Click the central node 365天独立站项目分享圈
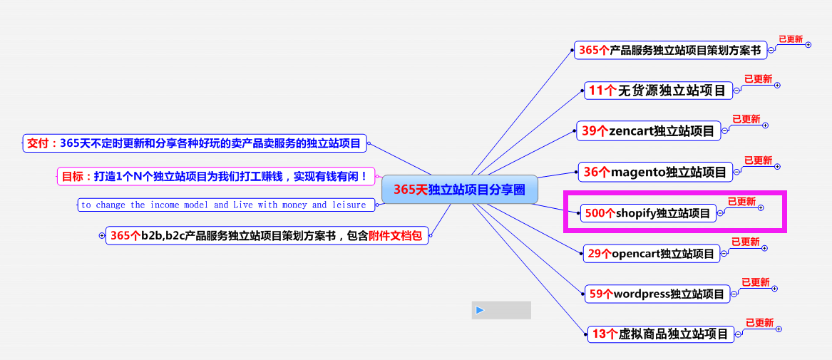459,190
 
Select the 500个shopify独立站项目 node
647,212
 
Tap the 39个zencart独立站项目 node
647,130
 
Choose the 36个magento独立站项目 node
654,172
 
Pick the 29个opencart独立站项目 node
651,253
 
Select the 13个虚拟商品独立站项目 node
660,334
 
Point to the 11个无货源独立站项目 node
657,90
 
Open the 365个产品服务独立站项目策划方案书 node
669,50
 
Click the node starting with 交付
195,143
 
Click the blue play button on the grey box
480,310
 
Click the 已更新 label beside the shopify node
741,202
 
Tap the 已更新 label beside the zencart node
746,119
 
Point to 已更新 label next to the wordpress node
755,282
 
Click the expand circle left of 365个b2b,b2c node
102,235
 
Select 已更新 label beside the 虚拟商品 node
759,322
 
